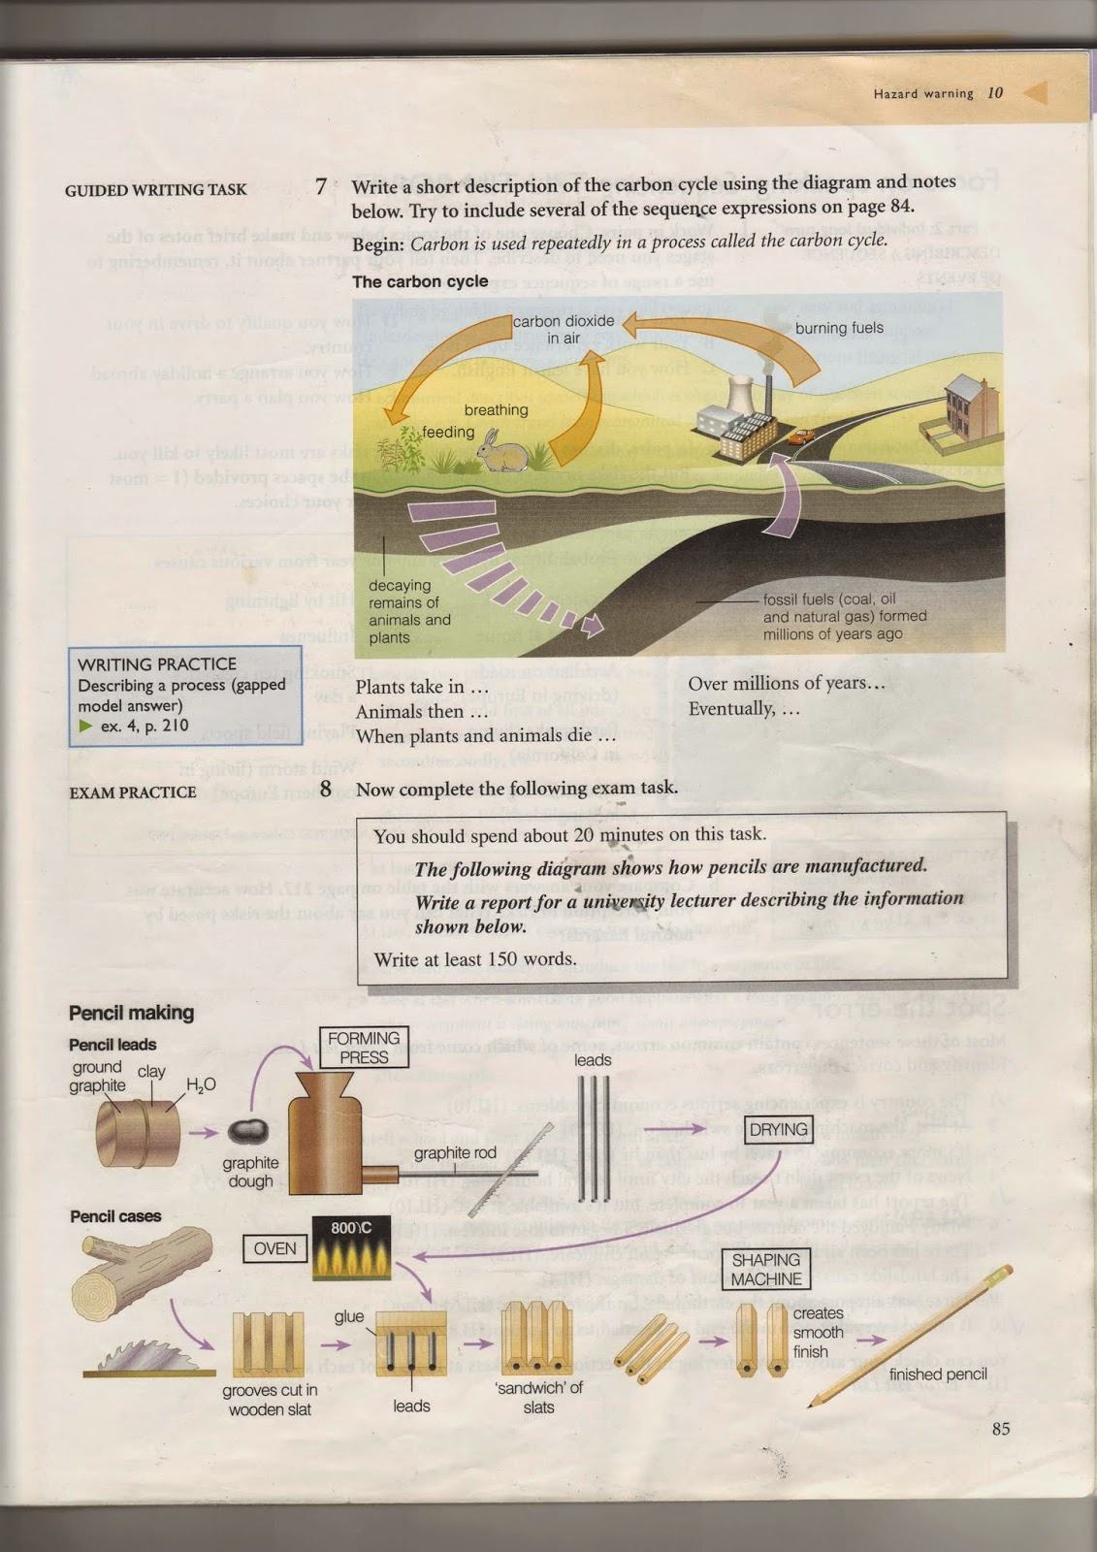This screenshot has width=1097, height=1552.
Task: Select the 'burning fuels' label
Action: pos(839,328)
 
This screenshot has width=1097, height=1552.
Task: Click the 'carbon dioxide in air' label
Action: pos(564,329)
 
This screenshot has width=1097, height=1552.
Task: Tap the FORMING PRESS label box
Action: pos(364,1048)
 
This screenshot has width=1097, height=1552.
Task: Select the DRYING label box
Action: pos(779,1129)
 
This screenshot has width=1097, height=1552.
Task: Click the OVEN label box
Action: pos(274,1248)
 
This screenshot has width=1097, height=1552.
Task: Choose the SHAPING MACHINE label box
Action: pos(766,1269)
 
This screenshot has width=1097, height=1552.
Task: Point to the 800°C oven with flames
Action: pos(350,1249)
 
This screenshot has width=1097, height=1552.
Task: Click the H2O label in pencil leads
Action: pos(201,1084)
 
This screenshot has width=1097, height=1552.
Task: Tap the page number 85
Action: pos(1001,1428)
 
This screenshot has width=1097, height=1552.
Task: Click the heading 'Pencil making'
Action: pos(131,1013)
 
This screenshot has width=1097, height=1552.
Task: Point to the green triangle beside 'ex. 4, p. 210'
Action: pos(85,726)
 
